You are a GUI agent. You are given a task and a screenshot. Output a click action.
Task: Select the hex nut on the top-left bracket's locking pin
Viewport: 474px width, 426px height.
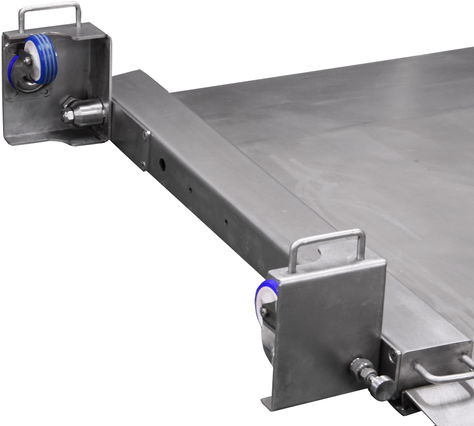pos(67,113)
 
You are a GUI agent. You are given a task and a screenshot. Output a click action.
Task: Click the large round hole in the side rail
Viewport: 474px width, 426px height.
pos(162,165)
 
